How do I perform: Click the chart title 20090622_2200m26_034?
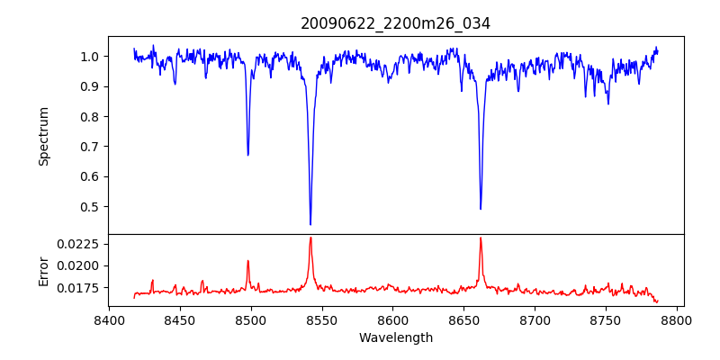pyautogui.click(x=395, y=23)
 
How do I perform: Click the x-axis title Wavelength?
pyautogui.click(x=395, y=337)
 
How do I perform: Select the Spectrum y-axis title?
pyautogui.click(x=44, y=136)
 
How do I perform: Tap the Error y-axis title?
pyautogui.click(x=44, y=271)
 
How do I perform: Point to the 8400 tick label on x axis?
pyautogui.click(x=109, y=319)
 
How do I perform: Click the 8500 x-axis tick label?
pyautogui.click(x=251, y=319)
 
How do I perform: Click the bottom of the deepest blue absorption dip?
pyautogui.click(x=310, y=224)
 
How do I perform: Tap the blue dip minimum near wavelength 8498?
pyautogui.click(x=248, y=155)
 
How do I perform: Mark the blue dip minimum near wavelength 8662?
pyautogui.click(x=481, y=209)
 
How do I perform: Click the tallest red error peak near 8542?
pyautogui.click(x=310, y=238)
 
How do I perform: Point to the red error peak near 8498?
pyautogui.click(x=248, y=261)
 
